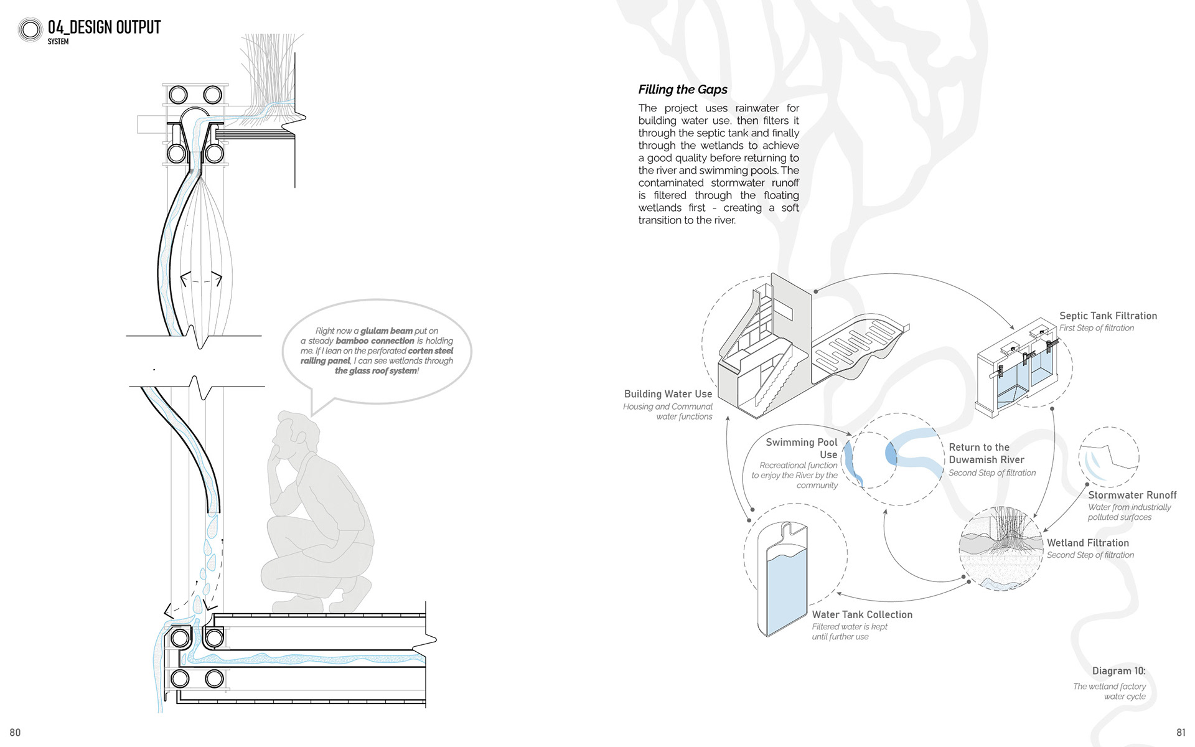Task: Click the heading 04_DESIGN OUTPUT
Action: pyautogui.click(x=104, y=27)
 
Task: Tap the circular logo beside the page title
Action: pyautogui.click(x=30, y=29)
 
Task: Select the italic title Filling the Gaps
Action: pyautogui.click(x=683, y=89)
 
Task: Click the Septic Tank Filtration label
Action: pyautogui.click(x=1108, y=316)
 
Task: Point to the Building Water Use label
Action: pyautogui.click(x=668, y=393)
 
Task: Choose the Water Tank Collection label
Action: pyautogui.click(x=862, y=614)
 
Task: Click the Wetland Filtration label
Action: pyautogui.click(x=1087, y=543)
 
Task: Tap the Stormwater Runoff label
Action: pyautogui.click(x=1132, y=495)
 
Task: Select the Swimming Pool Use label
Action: pyautogui.click(x=802, y=448)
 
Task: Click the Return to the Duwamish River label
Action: pyautogui.click(x=986, y=453)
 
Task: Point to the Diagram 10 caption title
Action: pyautogui.click(x=1118, y=670)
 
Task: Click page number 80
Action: pyautogui.click(x=15, y=733)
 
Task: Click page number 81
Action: pyautogui.click(x=1181, y=733)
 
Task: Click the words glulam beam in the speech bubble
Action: pyautogui.click(x=387, y=331)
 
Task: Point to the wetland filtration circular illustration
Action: pyautogui.click(x=1001, y=548)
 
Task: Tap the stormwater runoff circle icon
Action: pyautogui.click(x=1108, y=457)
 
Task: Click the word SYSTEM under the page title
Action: pyautogui.click(x=58, y=42)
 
